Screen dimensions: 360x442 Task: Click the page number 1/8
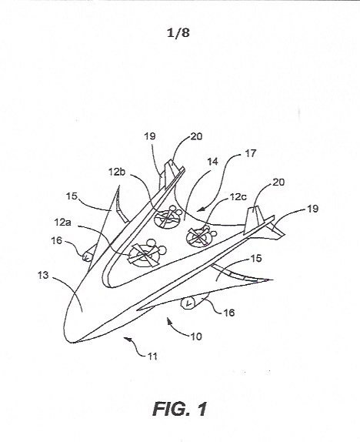[178, 33]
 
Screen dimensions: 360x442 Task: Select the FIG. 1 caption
[180, 409]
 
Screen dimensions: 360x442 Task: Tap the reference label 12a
[63, 223]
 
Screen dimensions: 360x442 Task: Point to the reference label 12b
[117, 172]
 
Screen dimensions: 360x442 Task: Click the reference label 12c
[238, 197]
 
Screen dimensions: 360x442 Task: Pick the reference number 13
[43, 275]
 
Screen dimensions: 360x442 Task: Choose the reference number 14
[213, 162]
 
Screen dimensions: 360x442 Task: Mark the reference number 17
[251, 153]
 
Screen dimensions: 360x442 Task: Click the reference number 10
[196, 337]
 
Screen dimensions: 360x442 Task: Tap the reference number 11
[152, 357]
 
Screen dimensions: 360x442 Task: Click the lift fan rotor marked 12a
[144, 255]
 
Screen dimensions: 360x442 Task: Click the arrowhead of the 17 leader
[199, 209]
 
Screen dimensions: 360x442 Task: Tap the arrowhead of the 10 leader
[168, 319]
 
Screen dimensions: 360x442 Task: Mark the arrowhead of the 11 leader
[126, 338]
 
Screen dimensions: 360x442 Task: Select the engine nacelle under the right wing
[195, 301]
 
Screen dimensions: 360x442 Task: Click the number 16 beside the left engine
[56, 240]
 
